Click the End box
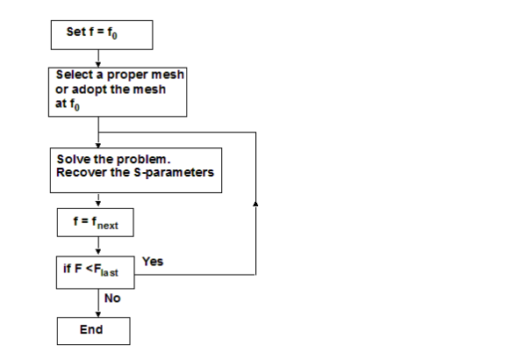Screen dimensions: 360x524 [x=93, y=330]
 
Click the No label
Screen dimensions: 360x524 [x=112, y=299]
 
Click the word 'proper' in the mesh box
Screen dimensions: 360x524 [x=122, y=76]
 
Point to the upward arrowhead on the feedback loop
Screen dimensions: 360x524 [x=255, y=203]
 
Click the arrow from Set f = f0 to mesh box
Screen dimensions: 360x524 [x=100, y=57]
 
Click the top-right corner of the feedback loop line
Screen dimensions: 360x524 [x=255, y=133]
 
